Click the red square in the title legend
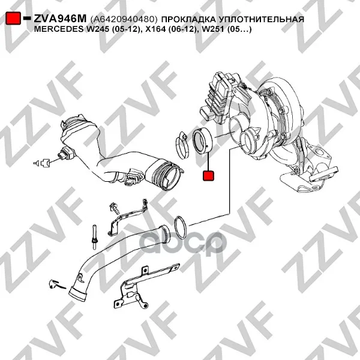[x=13, y=18]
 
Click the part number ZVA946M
[x=60, y=19]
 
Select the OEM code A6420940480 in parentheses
[x=124, y=19]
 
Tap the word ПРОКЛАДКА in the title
[x=188, y=19]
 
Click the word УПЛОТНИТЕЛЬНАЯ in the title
[x=261, y=19]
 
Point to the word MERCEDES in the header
[x=59, y=29]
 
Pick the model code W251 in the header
[x=211, y=29]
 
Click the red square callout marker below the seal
[x=208, y=175]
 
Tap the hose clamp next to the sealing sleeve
[x=182, y=145]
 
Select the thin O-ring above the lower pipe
[x=181, y=228]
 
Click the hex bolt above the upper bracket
[x=115, y=208]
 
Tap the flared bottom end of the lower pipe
[x=79, y=295]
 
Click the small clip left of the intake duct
[x=42, y=163]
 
